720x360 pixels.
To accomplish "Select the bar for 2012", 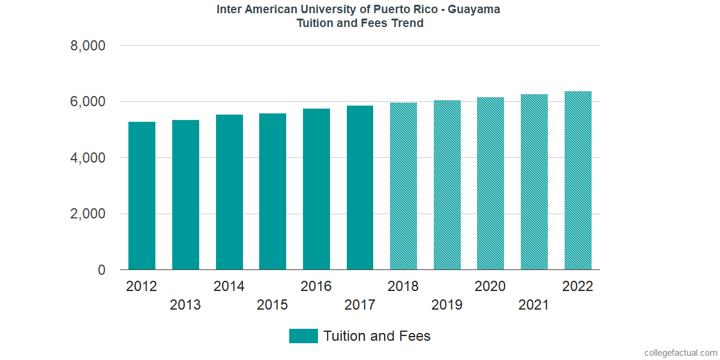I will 142,196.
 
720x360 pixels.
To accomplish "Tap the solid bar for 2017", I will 360,188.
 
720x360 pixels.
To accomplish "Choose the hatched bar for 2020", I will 490,184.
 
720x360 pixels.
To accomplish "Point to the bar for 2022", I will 578,181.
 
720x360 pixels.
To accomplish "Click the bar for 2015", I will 272,191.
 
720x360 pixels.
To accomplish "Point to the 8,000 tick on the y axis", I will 89,46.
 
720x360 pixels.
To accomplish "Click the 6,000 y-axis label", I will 89,102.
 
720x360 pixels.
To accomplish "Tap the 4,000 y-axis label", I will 89,158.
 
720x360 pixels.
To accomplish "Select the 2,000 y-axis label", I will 89,214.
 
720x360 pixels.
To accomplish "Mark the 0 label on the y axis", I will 102,271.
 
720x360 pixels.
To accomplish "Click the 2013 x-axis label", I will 185,305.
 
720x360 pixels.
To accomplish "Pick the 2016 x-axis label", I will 316,286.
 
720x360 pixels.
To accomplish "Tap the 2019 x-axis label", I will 447,305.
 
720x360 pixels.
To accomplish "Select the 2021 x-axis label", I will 534,305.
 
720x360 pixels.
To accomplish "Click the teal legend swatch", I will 303,336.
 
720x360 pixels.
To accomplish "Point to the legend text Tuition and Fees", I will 377,336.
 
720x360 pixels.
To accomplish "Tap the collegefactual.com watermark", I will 680,353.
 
